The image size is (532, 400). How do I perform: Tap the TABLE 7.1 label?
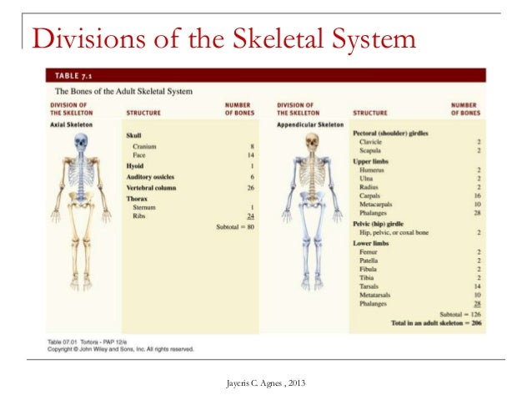click(73, 74)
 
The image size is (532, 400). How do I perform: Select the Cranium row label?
click(144, 147)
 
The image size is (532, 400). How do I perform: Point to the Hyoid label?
click(136, 166)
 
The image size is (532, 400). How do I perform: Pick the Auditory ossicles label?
click(151, 177)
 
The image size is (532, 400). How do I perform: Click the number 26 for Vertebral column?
click(249, 188)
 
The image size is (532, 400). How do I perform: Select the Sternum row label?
click(143, 207)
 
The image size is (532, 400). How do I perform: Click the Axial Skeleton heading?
click(70, 124)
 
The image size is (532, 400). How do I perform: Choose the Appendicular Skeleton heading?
click(309, 124)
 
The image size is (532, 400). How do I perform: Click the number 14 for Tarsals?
click(477, 286)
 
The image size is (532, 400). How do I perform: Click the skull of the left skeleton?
click(80, 143)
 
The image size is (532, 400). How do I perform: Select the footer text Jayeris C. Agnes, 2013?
click(265, 383)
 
